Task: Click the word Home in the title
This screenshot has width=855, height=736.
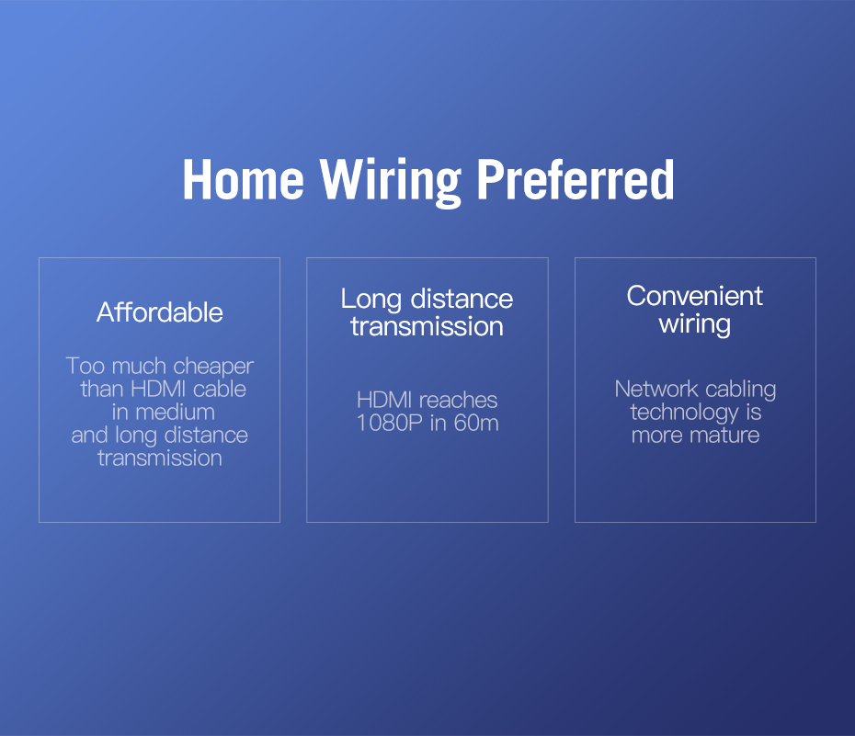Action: pyautogui.click(x=244, y=179)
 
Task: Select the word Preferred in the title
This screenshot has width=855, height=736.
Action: pyautogui.click(x=576, y=179)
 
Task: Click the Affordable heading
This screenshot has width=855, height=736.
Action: pyautogui.click(x=160, y=312)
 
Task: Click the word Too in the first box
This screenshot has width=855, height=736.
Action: pyautogui.click(x=85, y=366)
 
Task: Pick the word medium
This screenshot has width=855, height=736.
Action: pyautogui.click(x=175, y=412)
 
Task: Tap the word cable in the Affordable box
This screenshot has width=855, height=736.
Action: pyautogui.click(x=219, y=389)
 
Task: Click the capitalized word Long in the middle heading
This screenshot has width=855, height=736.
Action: pyautogui.click(x=371, y=300)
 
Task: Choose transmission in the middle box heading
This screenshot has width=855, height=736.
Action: pyautogui.click(x=427, y=326)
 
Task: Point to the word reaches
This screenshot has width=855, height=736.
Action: pyautogui.click(x=458, y=401)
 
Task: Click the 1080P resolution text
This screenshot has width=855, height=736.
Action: pyautogui.click(x=389, y=423)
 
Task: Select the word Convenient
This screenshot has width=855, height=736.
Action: pyautogui.click(x=695, y=296)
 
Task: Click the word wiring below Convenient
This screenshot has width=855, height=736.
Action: pyautogui.click(x=695, y=324)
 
